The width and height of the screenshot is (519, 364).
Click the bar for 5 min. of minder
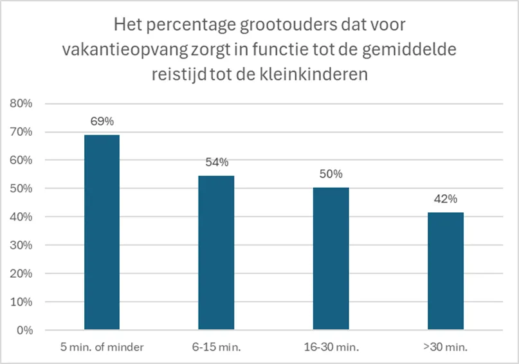(x=102, y=232)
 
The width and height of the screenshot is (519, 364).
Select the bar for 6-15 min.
(x=217, y=253)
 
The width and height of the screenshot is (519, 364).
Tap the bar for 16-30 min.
(x=331, y=259)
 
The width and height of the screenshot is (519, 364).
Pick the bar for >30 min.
(x=446, y=271)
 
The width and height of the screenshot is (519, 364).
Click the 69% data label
(x=102, y=121)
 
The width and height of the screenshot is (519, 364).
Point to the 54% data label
(x=217, y=162)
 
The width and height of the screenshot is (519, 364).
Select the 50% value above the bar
(x=331, y=174)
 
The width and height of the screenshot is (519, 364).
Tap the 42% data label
(x=446, y=198)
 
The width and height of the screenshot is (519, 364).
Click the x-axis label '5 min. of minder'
(x=102, y=347)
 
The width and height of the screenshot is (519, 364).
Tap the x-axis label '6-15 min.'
(x=217, y=347)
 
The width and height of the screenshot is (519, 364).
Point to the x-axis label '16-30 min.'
(x=331, y=347)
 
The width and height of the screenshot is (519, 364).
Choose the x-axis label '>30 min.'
(x=446, y=347)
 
